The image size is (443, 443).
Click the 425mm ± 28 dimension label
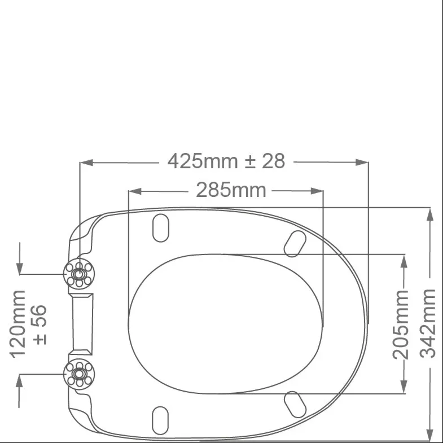pos(226,161)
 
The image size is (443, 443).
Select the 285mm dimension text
pos(231,190)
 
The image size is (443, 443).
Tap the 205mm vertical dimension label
pos(401,325)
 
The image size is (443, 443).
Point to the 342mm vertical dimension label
pos(427,323)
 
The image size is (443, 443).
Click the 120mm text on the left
pos(17,324)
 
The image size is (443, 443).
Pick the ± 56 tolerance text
pos(40,324)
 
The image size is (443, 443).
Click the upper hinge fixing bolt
pos(79,274)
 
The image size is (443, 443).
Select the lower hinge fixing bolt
pos(79,374)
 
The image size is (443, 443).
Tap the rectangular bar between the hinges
pos(82,324)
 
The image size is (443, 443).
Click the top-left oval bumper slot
pos(161,228)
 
